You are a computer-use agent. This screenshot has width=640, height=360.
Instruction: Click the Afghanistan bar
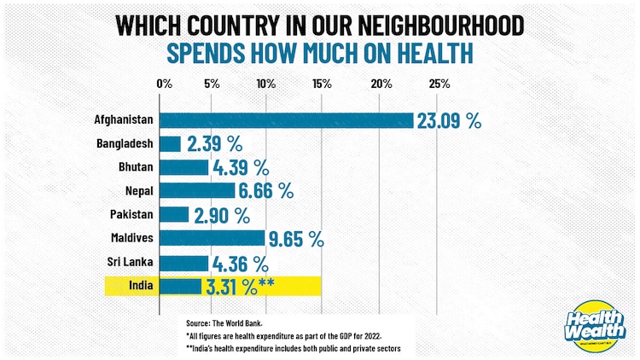click(x=286, y=120)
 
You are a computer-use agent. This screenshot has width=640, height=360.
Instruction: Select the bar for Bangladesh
click(x=170, y=143)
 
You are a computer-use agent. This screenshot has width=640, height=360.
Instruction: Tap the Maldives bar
click(x=212, y=238)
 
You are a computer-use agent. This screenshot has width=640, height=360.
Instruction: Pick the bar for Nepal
click(x=196, y=190)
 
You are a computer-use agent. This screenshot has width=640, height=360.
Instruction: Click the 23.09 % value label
click(x=449, y=120)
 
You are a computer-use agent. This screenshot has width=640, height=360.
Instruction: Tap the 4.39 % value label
click(x=241, y=167)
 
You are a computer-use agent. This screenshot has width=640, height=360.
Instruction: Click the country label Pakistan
click(x=131, y=214)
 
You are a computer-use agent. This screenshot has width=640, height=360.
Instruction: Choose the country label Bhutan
click(x=137, y=167)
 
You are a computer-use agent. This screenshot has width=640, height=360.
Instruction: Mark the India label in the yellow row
click(x=142, y=286)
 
